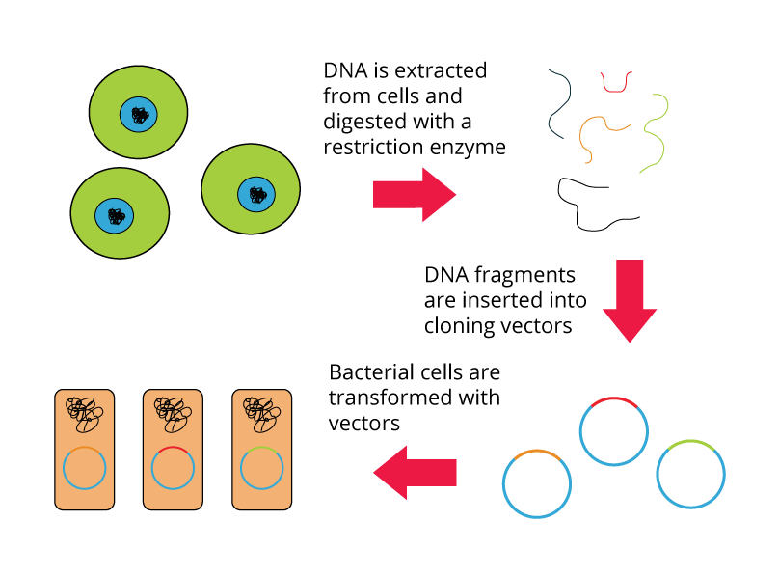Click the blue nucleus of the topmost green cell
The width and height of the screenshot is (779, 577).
tap(138, 115)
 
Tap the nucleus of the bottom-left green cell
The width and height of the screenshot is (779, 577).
tap(114, 215)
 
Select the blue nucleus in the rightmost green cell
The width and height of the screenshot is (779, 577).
tap(256, 194)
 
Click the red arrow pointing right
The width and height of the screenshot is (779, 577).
tap(414, 194)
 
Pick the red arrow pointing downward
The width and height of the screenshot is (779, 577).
tap(630, 300)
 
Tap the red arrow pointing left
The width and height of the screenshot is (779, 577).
tap(415, 473)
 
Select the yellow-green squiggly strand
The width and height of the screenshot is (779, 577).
tap(657, 134)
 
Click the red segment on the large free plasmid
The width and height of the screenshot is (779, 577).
tap(614, 398)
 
